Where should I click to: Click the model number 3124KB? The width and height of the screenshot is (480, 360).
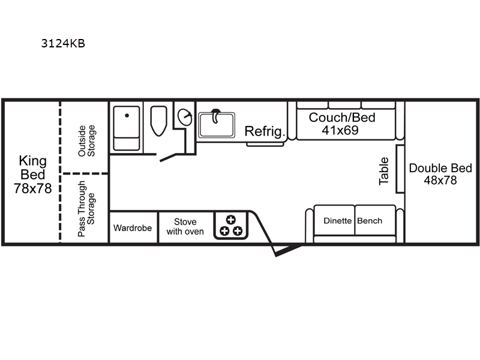tap(63, 43)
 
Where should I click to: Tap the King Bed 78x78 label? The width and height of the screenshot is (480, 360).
tap(33, 175)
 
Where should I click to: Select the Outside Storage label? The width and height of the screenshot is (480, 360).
tap(86, 141)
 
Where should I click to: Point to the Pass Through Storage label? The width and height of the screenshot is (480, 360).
tap(86, 209)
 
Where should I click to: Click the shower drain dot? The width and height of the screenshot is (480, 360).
tap(127, 115)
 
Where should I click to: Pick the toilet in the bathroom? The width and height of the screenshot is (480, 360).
tap(158, 121)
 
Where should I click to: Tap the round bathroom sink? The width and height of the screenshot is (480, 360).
tap(185, 117)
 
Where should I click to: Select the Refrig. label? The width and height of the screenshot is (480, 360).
tap(265, 131)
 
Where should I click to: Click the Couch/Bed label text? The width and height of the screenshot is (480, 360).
tap(342, 118)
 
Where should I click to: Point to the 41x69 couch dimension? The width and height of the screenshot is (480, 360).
tap(340, 130)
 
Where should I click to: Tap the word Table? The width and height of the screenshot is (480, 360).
tap(383, 171)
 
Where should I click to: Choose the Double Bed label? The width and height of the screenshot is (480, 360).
tap(440, 168)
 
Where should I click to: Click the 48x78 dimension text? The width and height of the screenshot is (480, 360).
tap(440, 181)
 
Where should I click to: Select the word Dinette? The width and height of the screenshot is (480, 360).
tap(337, 221)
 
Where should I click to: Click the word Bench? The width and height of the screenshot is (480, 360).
tap(370, 221)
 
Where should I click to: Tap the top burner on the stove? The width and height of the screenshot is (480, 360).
tap(231, 220)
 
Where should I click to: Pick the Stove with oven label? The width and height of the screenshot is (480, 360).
tap(185, 227)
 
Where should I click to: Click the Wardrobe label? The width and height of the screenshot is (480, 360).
tap(133, 228)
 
